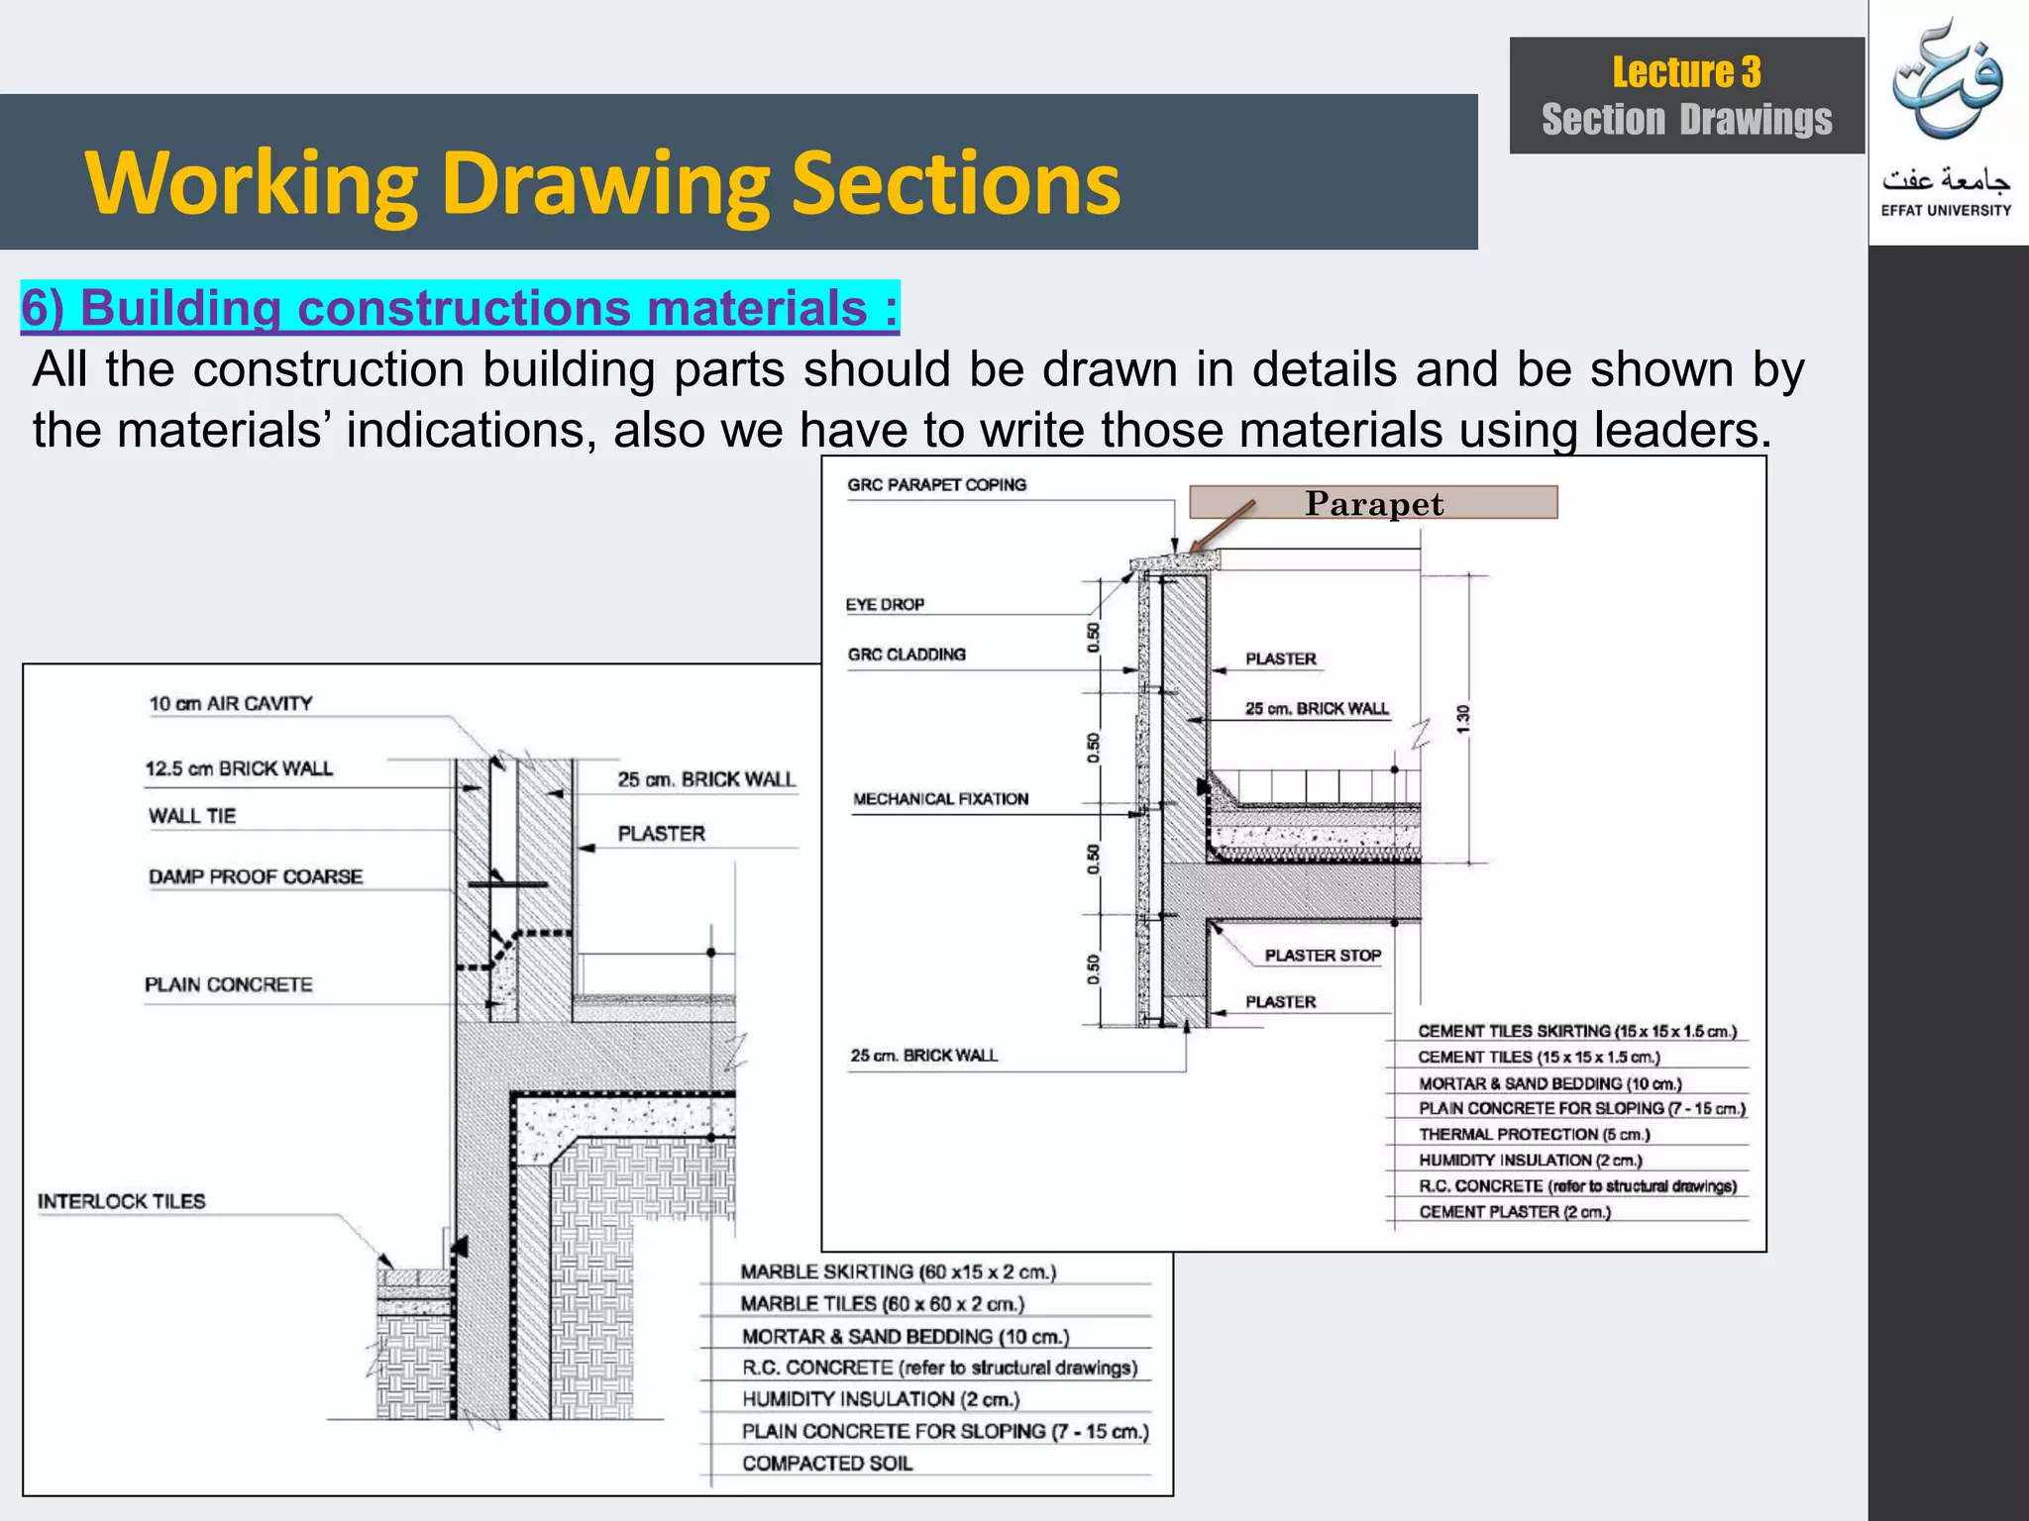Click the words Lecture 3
click(1686, 72)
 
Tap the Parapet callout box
click(1373, 503)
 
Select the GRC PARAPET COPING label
click(936, 485)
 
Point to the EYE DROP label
click(885, 605)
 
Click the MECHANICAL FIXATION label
click(940, 799)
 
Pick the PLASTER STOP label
click(1323, 956)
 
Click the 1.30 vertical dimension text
click(1463, 719)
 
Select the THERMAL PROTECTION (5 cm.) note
click(1534, 1135)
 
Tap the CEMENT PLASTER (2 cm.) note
click(1515, 1212)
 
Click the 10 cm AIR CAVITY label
click(231, 704)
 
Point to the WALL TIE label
click(192, 816)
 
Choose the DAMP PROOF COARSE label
click(256, 877)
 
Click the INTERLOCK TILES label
click(122, 1201)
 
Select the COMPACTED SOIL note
click(827, 1464)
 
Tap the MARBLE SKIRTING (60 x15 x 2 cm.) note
click(898, 1271)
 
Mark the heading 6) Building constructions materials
click(460, 308)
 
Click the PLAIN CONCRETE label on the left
click(229, 985)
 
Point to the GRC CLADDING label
click(907, 655)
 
